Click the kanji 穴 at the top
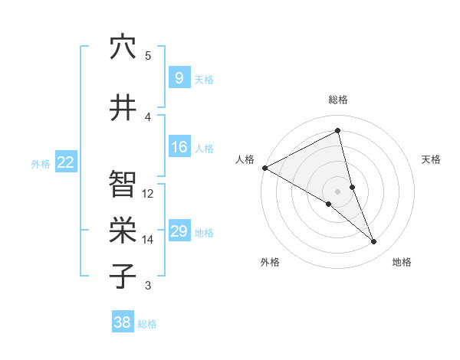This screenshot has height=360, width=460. (x=123, y=47)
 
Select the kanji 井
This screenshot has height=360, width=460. (x=123, y=107)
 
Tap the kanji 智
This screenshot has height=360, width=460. (x=123, y=184)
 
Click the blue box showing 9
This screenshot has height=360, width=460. (x=179, y=78)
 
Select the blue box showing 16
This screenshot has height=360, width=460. (x=179, y=147)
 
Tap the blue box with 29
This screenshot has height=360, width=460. (x=179, y=231)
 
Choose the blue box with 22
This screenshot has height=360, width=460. (x=66, y=162)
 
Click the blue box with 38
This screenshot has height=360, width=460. (x=123, y=322)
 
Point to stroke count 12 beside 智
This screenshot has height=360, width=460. (x=148, y=194)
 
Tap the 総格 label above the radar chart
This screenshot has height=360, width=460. (x=337, y=100)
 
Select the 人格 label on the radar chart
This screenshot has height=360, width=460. (x=245, y=159)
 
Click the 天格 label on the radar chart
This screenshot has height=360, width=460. (x=431, y=159)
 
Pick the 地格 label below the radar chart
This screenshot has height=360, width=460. (x=402, y=262)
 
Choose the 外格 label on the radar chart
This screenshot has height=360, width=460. (x=270, y=262)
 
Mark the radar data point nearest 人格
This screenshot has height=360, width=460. (x=264, y=168)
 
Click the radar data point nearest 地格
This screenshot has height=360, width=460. (x=374, y=242)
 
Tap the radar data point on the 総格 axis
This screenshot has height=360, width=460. (x=337, y=131)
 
